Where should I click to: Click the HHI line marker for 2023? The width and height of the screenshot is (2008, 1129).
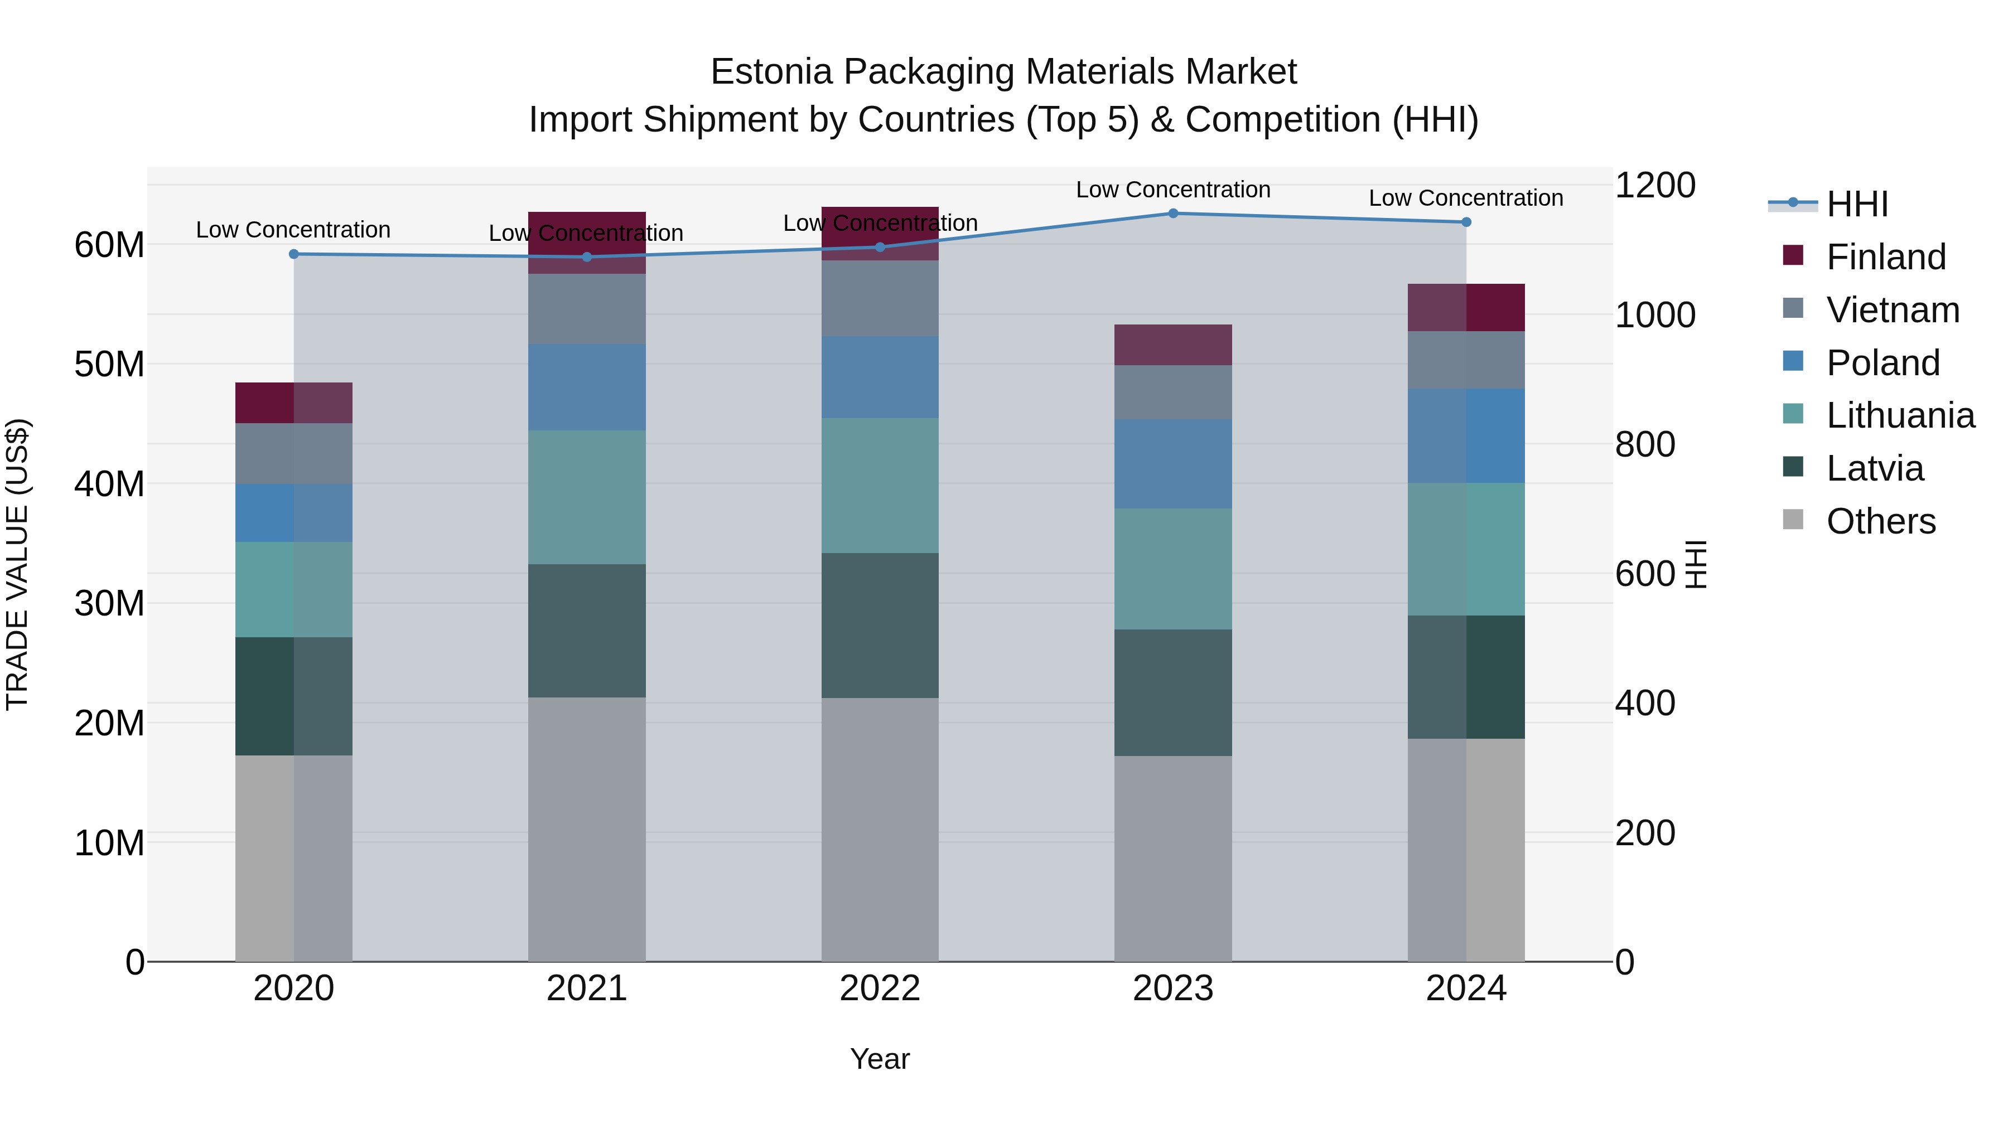pyautogui.click(x=1172, y=214)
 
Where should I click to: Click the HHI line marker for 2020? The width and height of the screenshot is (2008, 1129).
pyautogui.click(x=294, y=254)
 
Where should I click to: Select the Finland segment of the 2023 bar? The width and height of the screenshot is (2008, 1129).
pyautogui.click(x=1172, y=345)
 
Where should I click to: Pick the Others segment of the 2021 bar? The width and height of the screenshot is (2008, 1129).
pyautogui.click(x=586, y=829)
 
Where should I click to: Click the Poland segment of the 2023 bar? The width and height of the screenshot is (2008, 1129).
pyautogui.click(x=1172, y=464)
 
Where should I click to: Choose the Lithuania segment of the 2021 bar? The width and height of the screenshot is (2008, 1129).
pyautogui.click(x=586, y=497)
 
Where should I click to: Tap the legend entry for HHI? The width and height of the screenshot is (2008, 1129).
pyautogui.click(x=1857, y=204)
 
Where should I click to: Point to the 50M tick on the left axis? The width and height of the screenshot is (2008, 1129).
pyautogui.click(x=109, y=364)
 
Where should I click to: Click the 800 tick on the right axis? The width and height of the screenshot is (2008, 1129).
pyautogui.click(x=1645, y=444)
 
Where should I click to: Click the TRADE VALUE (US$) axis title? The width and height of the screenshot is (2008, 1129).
pyautogui.click(x=17, y=564)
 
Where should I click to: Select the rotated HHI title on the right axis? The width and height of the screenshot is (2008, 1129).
pyautogui.click(x=1696, y=564)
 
